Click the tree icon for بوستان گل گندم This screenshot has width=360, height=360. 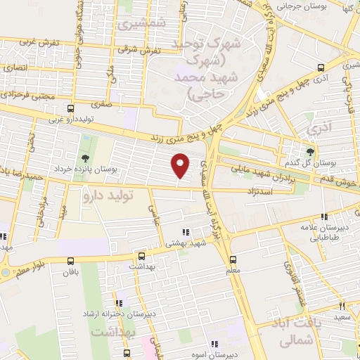pyautogui.click(x=311, y=150)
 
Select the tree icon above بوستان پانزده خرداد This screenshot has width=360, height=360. pyautogui.click(x=85, y=158)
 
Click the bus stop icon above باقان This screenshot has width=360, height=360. pyautogui.click(x=69, y=258)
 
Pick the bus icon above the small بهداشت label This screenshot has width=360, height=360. pyautogui.click(x=141, y=257)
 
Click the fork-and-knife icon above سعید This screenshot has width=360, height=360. pyautogui.click(x=342, y=306)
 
